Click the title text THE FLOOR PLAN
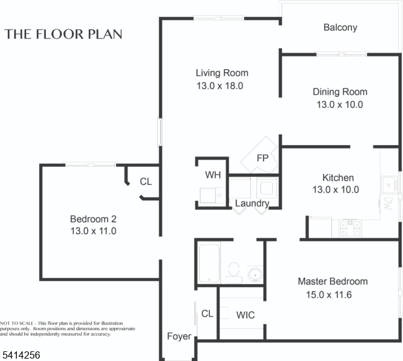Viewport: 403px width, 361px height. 64,34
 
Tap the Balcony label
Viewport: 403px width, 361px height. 340,27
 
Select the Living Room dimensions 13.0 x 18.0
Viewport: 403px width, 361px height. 220,85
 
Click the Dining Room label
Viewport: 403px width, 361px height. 340,92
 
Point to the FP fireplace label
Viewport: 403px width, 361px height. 262,158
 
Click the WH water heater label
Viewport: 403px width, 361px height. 212,176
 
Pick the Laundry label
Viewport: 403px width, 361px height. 252,203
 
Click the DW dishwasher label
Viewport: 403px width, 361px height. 388,202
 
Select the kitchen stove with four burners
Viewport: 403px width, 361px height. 349,227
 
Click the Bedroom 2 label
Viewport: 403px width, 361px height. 93,218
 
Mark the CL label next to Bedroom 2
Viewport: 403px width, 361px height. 146,181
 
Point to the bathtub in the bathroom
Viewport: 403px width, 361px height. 210,262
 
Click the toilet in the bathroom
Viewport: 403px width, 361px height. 233,272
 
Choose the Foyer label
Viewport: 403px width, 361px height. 179,336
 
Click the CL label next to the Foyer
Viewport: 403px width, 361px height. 208,313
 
